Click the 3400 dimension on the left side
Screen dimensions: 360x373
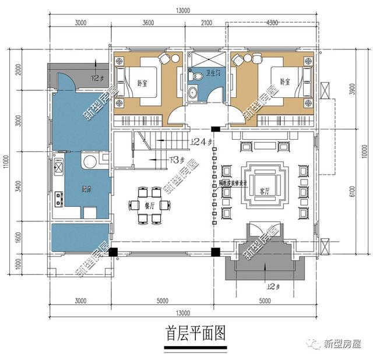pyautogui.click(x=19, y=187)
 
